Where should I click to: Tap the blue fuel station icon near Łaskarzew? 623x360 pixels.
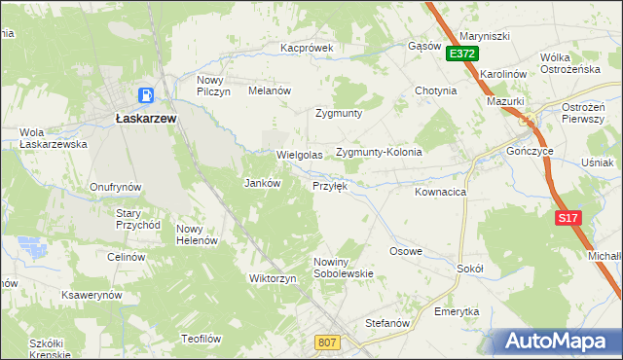tap(145, 95)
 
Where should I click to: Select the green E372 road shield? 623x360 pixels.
tap(462, 55)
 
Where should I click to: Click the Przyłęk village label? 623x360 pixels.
tap(329, 185)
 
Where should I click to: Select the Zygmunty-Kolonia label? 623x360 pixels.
tap(379, 153)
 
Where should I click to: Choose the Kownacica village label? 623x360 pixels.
tap(440, 193)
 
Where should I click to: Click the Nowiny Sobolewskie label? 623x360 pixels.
tap(344, 268)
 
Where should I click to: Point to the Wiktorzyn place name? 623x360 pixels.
tap(273, 278)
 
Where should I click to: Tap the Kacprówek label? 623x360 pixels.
tap(307, 47)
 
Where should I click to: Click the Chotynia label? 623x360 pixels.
tap(435, 90)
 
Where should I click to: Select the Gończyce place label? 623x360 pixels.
tap(531, 153)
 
